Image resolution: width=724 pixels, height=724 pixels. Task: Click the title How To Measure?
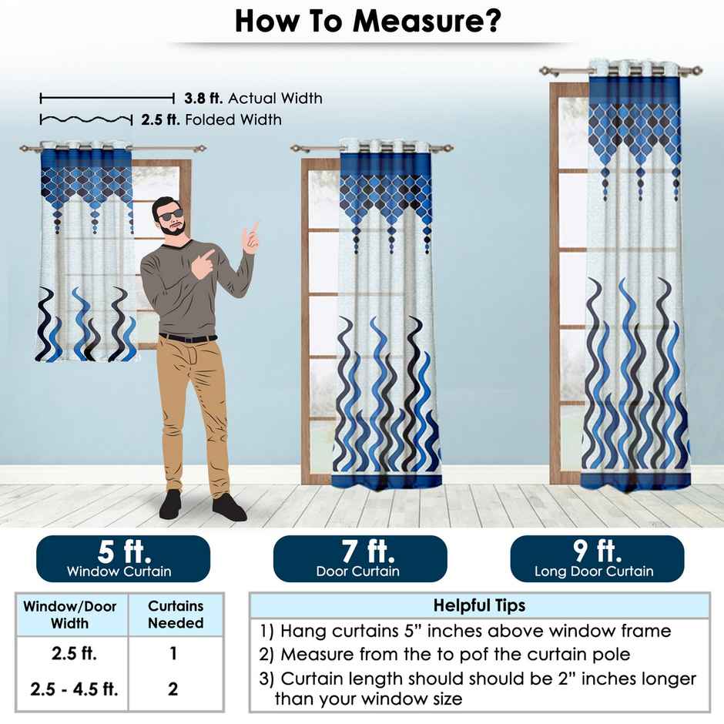367,21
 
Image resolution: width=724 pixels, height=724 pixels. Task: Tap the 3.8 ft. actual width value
203,98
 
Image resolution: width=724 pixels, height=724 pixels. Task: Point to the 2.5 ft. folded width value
160,119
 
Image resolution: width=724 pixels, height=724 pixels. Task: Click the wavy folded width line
86,120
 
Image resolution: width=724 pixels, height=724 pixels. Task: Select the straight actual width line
107,98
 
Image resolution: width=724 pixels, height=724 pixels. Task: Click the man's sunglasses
170,215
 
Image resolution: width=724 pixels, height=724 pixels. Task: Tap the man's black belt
188,338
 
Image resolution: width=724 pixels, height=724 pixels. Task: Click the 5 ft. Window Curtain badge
123,558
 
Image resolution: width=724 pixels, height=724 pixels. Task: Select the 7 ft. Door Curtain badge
360,558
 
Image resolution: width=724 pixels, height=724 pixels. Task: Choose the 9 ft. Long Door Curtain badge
597,558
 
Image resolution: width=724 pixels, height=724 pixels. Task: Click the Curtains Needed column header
176,614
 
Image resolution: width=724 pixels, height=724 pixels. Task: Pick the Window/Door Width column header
70,615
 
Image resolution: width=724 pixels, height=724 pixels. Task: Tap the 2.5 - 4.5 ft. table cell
74,689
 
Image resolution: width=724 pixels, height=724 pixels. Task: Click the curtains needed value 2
173,689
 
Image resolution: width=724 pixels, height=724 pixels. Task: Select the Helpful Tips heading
479,605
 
